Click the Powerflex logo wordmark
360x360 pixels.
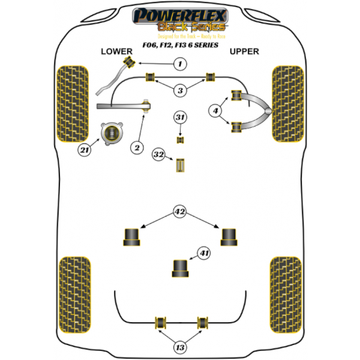179,15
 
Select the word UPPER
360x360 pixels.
244,52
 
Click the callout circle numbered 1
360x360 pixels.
179,64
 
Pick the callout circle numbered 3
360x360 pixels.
180,91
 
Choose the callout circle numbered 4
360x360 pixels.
215,110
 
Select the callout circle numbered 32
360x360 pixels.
158,155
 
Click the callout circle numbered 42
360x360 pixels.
179,211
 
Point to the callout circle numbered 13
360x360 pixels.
180,347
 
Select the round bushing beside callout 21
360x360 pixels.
110,133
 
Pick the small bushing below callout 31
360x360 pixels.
180,140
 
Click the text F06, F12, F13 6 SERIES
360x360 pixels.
179,44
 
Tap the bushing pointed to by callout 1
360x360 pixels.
128,62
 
